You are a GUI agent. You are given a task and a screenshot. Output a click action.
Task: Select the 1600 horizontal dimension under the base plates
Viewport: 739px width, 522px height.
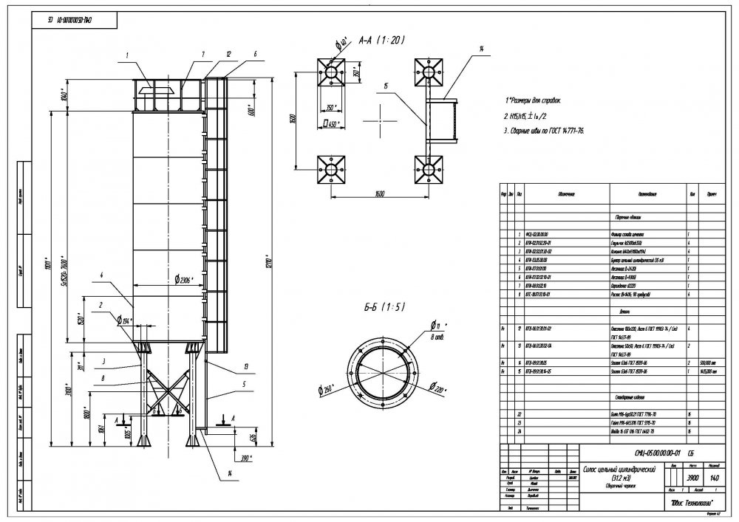378,194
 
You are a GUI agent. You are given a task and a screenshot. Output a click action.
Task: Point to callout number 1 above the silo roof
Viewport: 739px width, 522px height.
127,54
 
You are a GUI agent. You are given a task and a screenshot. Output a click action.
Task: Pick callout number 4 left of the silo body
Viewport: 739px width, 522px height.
98,275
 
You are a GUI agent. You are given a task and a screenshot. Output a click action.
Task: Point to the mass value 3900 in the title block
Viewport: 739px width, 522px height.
693,478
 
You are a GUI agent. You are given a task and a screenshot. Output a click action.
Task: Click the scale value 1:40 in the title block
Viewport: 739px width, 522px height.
714,478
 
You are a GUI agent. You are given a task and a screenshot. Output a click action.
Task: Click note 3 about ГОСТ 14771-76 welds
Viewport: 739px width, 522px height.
543,130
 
